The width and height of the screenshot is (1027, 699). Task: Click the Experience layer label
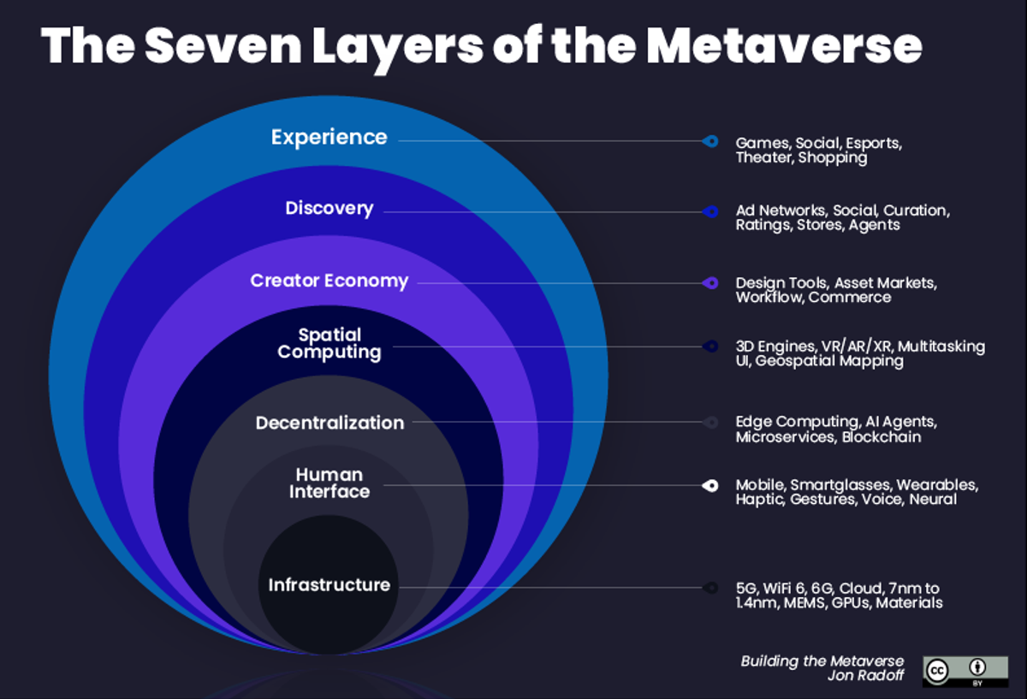tap(329, 137)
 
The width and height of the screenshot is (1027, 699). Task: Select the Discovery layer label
tap(329, 209)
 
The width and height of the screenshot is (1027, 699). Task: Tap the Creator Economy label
tap(329, 281)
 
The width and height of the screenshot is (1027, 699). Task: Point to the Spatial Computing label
tap(329, 343)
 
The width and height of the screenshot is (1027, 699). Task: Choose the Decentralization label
tap(329, 423)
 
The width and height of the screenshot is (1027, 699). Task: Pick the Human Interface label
tap(329, 483)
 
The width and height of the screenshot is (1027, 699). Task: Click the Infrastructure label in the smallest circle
tap(329, 585)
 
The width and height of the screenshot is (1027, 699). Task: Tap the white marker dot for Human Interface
tap(709, 486)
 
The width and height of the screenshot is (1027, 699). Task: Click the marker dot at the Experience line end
tap(709, 141)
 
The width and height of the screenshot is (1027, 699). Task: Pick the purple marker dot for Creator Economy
tap(709, 283)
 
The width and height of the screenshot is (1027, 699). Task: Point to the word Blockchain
tap(881, 437)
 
